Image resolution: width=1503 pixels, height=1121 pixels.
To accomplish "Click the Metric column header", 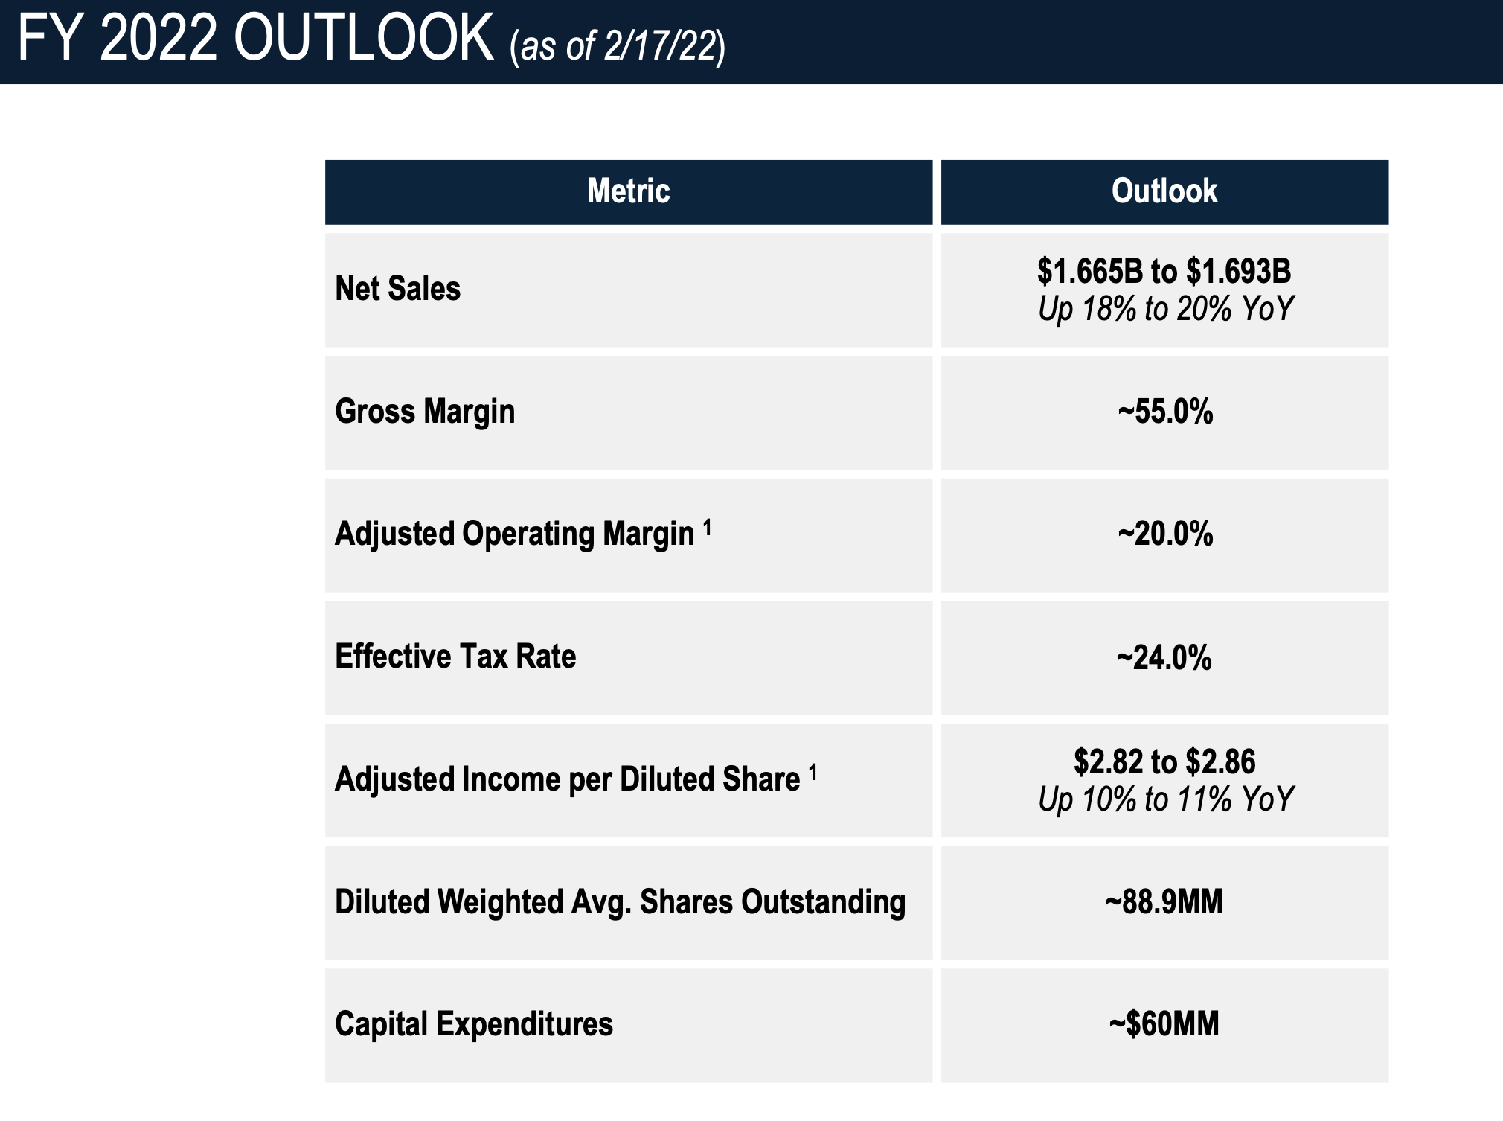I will pyautogui.click(x=629, y=191).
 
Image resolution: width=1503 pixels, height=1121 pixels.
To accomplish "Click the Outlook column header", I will pyautogui.click(x=1164, y=191).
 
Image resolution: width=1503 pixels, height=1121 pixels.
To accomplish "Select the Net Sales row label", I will pyautogui.click(x=397, y=289).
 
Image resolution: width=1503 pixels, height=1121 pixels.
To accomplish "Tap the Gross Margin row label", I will pyautogui.click(x=425, y=412).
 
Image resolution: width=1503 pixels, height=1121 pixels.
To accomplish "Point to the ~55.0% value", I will pyautogui.click(x=1165, y=412).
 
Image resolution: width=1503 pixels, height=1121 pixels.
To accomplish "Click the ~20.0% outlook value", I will pyautogui.click(x=1165, y=534).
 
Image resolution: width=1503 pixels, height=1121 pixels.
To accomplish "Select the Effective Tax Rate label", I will pyautogui.click(x=455, y=657).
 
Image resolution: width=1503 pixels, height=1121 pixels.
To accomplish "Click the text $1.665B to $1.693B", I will pyautogui.click(x=1164, y=271).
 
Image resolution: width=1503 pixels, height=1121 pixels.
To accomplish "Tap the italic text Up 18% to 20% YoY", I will pyautogui.click(x=1166, y=309).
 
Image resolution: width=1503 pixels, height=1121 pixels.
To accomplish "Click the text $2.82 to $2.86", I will pyautogui.click(x=1164, y=761).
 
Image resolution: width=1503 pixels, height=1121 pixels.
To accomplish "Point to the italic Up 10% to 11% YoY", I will pyautogui.click(x=1166, y=799).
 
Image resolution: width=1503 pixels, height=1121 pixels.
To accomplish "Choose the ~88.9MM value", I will pyautogui.click(x=1164, y=902).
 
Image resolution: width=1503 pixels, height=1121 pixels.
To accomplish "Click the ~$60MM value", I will pyautogui.click(x=1164, y=1024).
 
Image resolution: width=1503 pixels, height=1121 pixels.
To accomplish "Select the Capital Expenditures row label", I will pyautogui.click(x=474, y=1024).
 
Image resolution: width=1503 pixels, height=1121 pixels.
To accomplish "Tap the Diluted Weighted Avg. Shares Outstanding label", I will pyautogui.click(x=620, y=902).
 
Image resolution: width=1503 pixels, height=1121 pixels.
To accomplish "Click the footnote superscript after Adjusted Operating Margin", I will pyautogui.click(x=708, y=528).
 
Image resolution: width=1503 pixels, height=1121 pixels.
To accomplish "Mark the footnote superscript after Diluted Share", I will pyautogui.click(x=813, y=773).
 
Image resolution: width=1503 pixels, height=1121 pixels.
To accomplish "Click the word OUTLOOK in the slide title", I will pyautogui.click(x=363, y=39).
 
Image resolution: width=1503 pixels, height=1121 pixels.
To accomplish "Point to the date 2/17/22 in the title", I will pyautogui.click(x=661, y=46).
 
